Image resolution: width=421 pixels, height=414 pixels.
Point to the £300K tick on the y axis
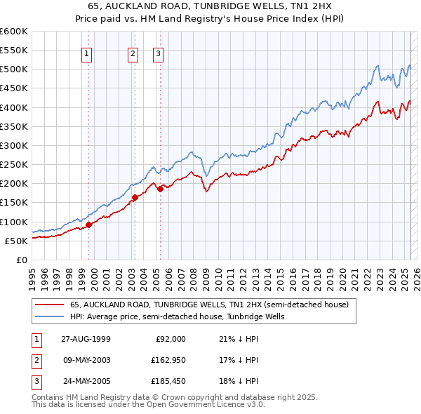pos(15,145)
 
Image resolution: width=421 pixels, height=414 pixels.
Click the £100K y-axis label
pos(15,222)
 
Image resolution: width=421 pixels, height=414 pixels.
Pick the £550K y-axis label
pos(15,51)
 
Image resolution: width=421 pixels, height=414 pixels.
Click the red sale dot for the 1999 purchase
pos(89,225)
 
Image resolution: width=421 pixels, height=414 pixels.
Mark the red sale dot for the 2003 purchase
pos(135,197)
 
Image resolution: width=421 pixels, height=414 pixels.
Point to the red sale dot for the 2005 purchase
pos(160,189)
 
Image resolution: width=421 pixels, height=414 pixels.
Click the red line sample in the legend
pos(48,305)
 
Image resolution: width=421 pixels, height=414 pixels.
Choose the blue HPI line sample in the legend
pos(48,316)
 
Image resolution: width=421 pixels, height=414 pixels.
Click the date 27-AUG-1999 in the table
pos(86,339)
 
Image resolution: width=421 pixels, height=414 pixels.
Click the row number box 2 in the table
pos(35,361)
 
